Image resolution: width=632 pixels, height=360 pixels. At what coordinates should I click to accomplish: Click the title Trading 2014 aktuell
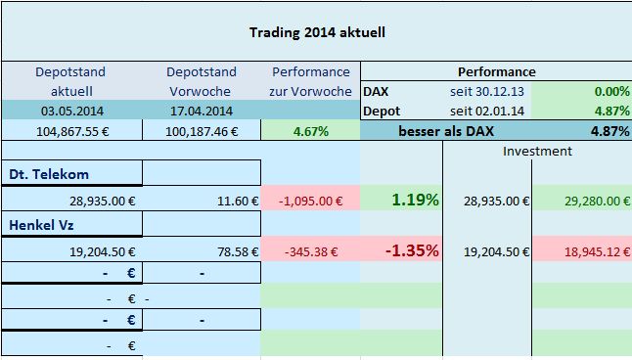click(317, 32)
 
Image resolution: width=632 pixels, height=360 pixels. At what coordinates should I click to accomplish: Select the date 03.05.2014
click(72, 111)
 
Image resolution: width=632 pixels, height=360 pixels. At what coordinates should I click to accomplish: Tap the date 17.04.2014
click(202, 111)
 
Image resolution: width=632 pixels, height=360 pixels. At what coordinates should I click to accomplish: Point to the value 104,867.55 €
click(72, 131)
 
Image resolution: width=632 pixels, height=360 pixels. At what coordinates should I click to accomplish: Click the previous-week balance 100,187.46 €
click(202, 131)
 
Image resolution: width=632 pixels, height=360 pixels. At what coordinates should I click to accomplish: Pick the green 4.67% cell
click(311, 131)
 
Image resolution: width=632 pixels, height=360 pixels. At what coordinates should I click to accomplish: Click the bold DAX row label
click(376, 92)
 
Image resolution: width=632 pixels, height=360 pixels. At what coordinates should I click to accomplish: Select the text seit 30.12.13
click(487, 92)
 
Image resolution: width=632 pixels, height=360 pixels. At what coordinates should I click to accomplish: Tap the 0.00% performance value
click(611, 92)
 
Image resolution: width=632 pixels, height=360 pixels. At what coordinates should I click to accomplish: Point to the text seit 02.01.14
click(487, 111)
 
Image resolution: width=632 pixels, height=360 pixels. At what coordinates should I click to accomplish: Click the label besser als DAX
click(446, 131)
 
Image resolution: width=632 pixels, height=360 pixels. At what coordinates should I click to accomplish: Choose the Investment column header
click(537, 152)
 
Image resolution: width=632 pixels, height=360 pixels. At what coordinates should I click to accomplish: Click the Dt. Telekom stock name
click(49, 174)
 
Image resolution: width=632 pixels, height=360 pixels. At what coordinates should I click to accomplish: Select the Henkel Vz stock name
click(41, 225)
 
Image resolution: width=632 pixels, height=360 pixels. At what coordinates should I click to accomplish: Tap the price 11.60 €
click(238, 201)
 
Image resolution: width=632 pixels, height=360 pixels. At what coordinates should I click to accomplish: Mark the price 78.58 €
click(238, 252)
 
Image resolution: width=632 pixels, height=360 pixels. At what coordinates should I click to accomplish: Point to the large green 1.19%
click(415, 200)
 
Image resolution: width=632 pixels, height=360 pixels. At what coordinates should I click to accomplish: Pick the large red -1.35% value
click(412, 250)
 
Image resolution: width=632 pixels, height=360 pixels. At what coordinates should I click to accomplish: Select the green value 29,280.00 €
click(597, 201)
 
